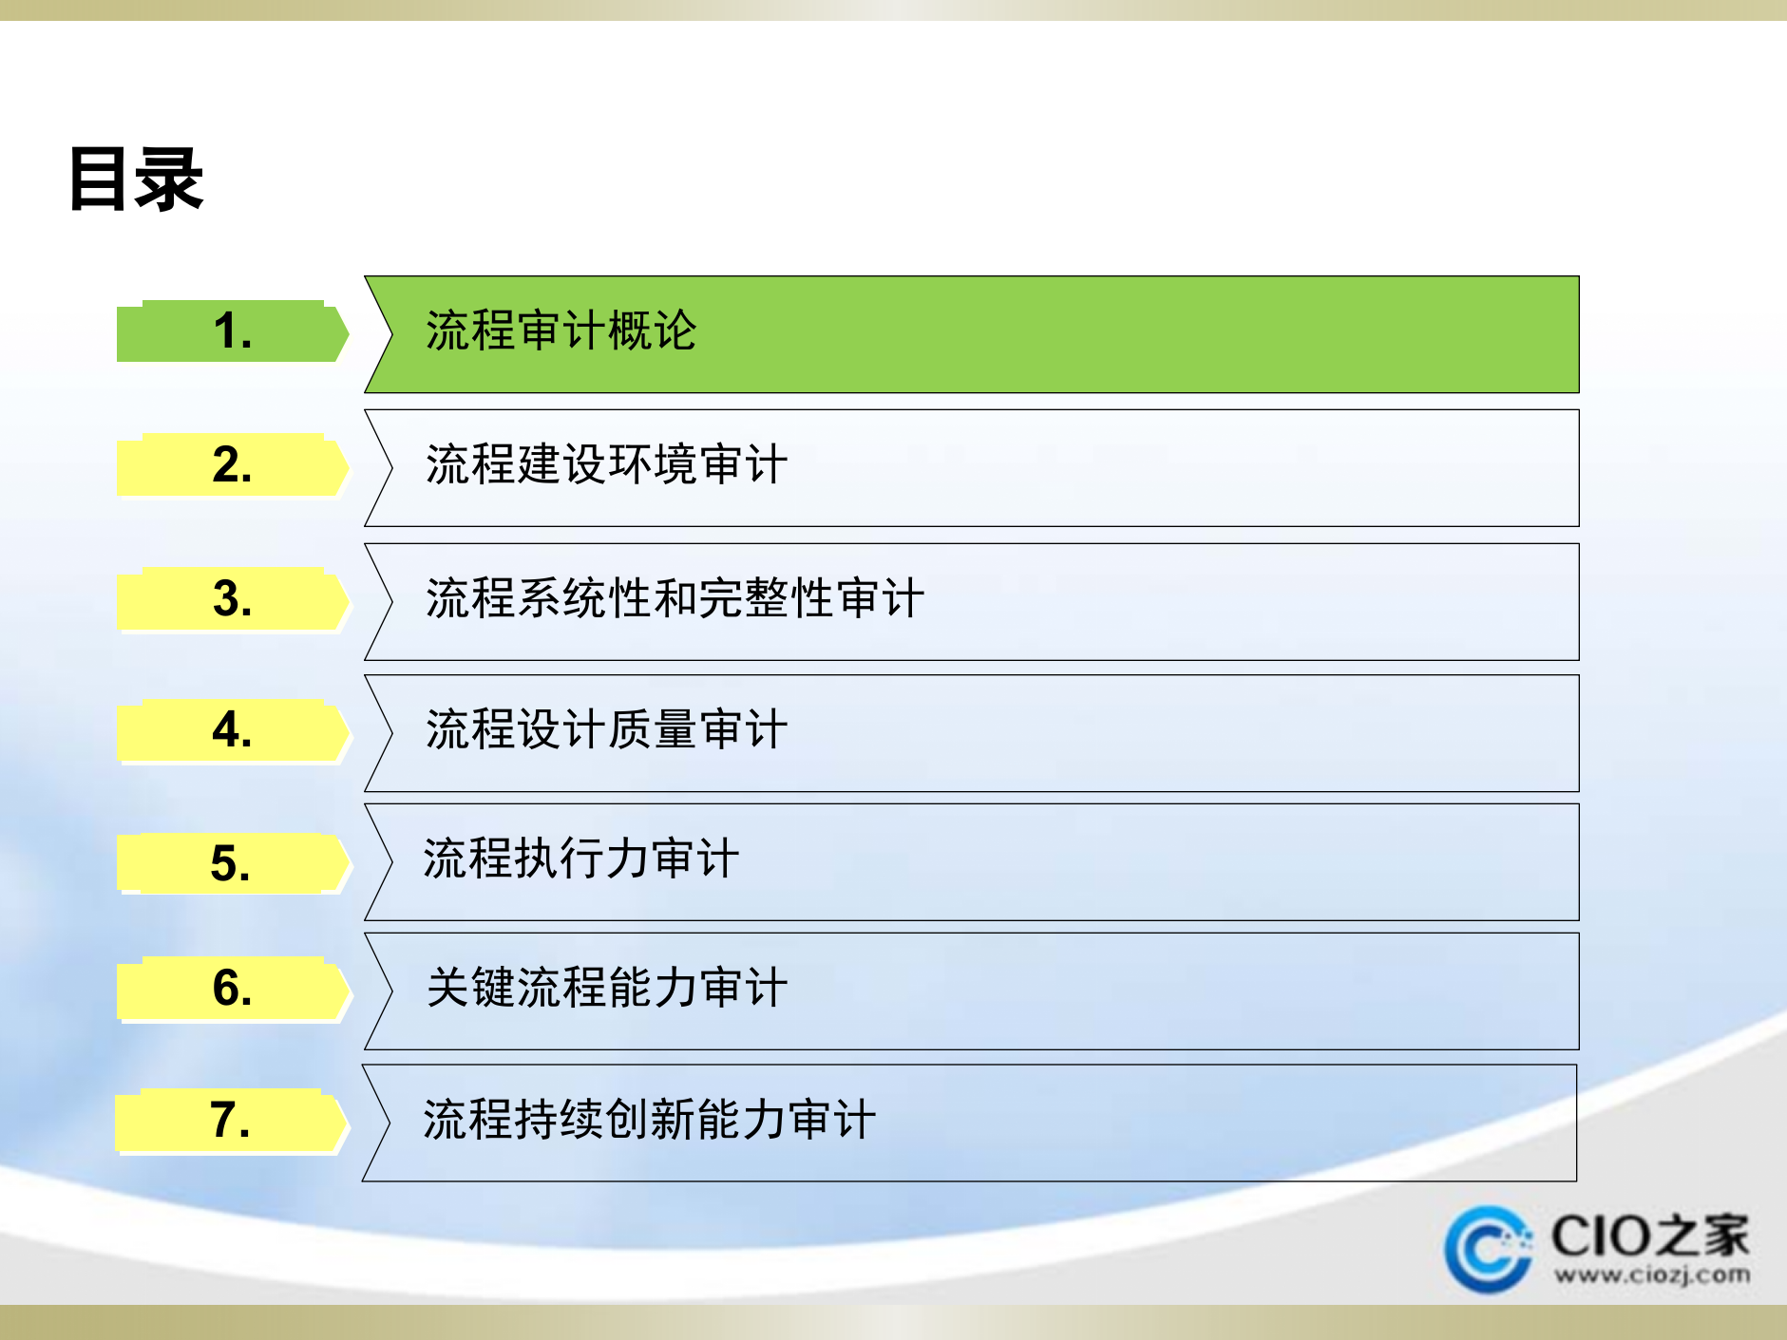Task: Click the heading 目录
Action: pos(136,179)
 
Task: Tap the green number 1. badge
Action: pos(232,331)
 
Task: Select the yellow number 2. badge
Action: pos(232,465)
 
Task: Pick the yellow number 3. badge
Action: pos(232,599)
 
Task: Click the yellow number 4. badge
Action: pos(232,730)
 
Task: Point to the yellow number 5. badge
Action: pos(232,864)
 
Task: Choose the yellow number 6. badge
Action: pos(232,989)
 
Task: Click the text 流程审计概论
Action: pos(561,331)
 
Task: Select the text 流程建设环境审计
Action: pos(606,465)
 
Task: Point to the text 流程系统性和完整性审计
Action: pos(675,599)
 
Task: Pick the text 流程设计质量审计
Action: pos(606,730)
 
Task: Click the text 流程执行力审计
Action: pos(580,859)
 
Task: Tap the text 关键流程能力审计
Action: pos(606,989)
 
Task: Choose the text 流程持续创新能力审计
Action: pos(649,1121)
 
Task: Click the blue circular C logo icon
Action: pos(1487,1248)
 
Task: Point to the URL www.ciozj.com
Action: pos(1652,1275)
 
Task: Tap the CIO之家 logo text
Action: pos(1649,1236)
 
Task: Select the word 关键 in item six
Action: pos(470,989)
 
